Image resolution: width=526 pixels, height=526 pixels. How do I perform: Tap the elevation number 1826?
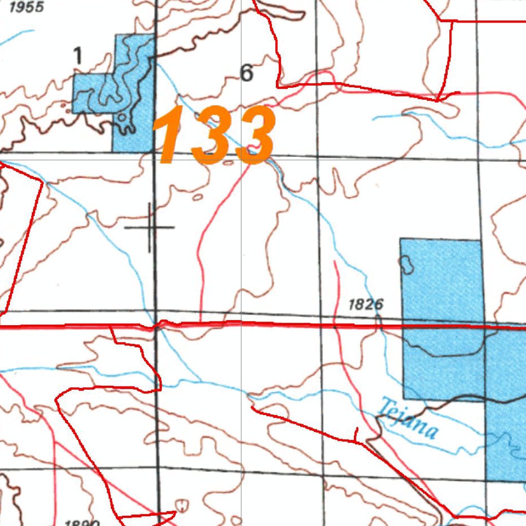click(x=366, y=305)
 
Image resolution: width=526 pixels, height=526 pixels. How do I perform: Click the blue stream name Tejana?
click(x=407, y=419)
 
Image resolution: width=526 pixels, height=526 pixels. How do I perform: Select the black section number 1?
click(x=78, y=55)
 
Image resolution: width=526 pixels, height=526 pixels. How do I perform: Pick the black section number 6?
click(x=247, y=73)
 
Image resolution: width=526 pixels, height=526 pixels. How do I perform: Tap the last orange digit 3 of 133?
click(x=253, y=135)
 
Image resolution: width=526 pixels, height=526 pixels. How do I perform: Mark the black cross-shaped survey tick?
click(x=150, y=227)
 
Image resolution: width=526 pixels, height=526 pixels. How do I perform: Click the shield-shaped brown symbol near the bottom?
click(x=181, y=505)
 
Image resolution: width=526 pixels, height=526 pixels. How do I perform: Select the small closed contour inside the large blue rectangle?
click(x=406, y=264)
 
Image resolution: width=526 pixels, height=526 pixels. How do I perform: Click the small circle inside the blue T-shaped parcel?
click(x=122, y=118)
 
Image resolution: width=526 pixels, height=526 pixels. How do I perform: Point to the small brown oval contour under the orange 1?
click(x=197, y=196)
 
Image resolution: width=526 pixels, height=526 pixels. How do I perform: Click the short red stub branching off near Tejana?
click(x=355, y=434)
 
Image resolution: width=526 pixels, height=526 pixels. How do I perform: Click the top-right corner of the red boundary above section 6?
click(x=452, y=21)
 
